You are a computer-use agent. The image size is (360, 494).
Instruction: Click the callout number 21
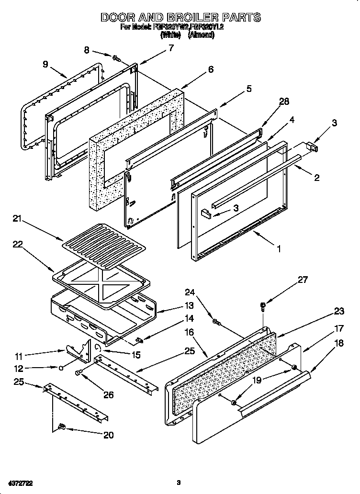pyautogui.click(x=18, y=219)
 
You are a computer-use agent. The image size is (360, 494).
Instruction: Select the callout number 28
pyautogui.click(x=284, y=101)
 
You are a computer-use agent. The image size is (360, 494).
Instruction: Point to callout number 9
pyautogui.click(x=45, y=64)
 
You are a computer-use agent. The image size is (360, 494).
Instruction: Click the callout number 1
pyautogui.click(x=278, y=248)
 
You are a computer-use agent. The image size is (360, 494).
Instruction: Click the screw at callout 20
pyautogui.click(x=61, y=427)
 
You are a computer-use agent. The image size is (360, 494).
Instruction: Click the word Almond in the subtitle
pyautogui.click(x=201, y=35)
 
